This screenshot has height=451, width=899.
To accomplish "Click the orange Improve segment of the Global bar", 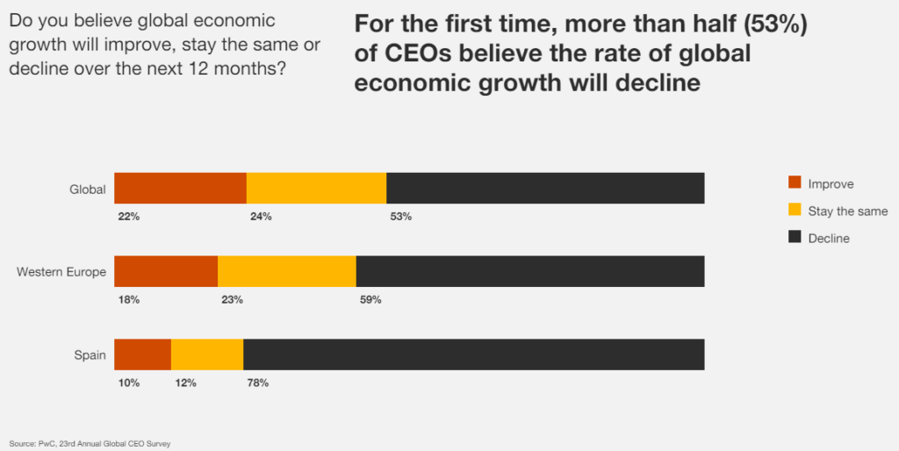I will coord(180,189).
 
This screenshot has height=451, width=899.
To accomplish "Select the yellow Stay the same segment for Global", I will coord(316,189).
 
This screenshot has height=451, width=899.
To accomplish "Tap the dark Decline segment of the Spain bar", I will coord(473,354).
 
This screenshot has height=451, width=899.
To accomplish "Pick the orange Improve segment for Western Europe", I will coord(166,272).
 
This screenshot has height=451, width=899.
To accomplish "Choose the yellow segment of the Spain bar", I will coord(207,354).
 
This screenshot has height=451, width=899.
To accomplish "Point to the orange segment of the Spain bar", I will coord(142,354).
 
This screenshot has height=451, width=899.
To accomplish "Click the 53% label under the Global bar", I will coord(400,217).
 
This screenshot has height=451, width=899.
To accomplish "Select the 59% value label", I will coord(370,300).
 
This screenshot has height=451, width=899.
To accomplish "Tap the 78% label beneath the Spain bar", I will coord(257,383).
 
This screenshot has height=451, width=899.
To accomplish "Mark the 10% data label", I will coord(129,383).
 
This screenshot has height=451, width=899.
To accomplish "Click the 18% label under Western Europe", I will coord(129,300).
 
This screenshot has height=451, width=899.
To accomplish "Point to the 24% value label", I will coord(261,217).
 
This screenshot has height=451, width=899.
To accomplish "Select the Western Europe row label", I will coord(61,272).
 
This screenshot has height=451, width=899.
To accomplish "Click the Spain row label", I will coord(90,355).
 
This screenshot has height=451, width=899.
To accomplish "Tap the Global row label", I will coord(88,190).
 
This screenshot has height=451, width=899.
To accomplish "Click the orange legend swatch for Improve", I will coord(795,183).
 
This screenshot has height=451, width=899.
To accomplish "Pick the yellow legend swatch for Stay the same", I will coord(795,211).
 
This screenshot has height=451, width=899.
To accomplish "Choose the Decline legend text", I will coord(829,238).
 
